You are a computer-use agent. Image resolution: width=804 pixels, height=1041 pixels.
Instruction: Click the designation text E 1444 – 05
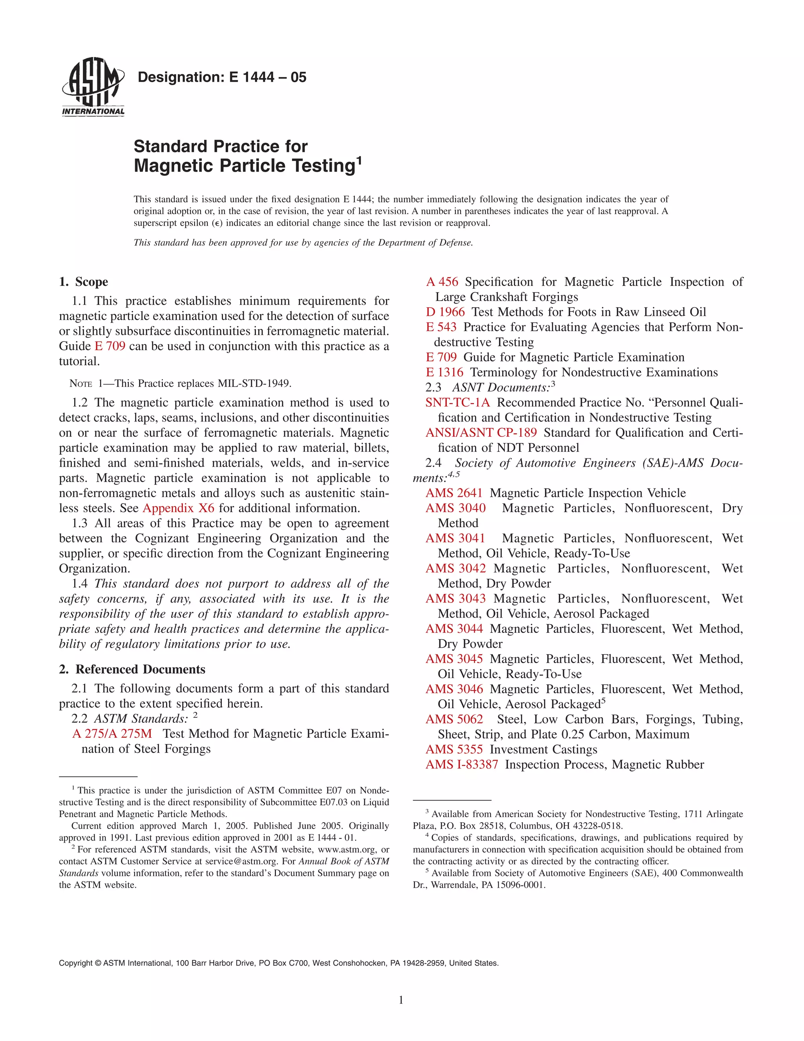coord(222,77)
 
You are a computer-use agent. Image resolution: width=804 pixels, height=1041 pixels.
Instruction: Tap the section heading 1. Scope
coord(84,282)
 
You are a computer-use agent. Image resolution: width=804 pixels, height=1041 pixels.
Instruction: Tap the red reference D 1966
coord(445,312)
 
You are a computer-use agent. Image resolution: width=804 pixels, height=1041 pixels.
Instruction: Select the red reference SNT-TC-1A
coord(458,403)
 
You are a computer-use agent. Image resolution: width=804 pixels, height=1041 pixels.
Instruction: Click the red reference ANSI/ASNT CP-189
coord(481,433)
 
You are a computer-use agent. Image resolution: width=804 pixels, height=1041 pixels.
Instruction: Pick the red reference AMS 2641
coord(454,493)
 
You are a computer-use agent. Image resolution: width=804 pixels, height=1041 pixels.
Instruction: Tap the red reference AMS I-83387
coord(462,764)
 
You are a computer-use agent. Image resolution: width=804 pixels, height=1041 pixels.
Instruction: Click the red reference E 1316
coord(444,372)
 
